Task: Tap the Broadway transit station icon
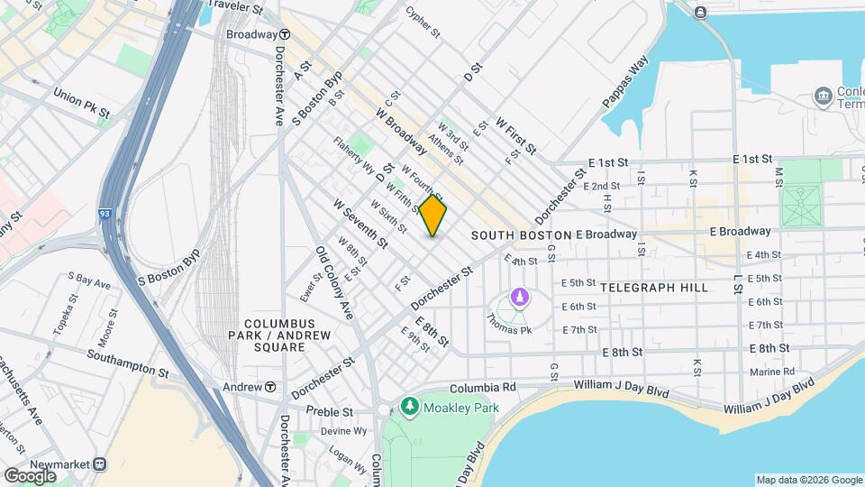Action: click(x=284, y=34)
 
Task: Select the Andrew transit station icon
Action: click(x=269, y=387)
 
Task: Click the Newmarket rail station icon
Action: click(x=100, y=464)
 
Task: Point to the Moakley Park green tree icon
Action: click(x=410, y=408)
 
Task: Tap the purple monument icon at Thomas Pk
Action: click(x=519, y=296)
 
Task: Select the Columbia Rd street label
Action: click(x=483, y=387)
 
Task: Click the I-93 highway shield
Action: click(x=106, y=215)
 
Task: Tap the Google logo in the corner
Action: click(x=30, y=475)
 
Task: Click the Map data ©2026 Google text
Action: click(x=808, y=480)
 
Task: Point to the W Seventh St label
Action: click(x=360, y=225)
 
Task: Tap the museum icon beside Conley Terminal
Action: click(x=822, y=96)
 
